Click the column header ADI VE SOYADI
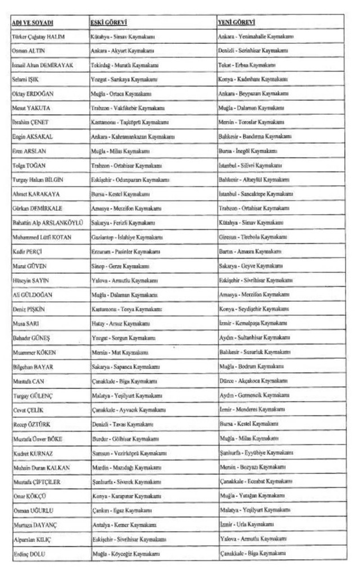tap(32, 22)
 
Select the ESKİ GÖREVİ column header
tap(109, 22)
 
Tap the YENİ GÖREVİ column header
tap(236, 22)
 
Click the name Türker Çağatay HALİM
tap(38, 37)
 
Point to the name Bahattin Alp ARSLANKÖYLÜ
tap(47, 223)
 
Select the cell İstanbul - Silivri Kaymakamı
tap(250, 166)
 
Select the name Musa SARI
tap(26, 324)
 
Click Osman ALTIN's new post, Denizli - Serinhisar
tap(253, 51)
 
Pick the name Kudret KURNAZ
tap(31, 453)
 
